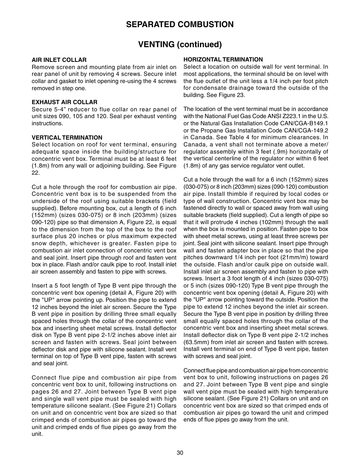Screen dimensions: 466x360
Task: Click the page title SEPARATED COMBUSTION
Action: [x=180, y=25]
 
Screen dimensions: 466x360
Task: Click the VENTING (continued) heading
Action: [x=180, y=45]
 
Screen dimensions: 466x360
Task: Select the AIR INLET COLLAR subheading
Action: [x=59, y=60]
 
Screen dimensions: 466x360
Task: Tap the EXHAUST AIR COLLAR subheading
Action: [x=64, y=102]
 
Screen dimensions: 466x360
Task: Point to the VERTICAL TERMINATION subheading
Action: [x=67, y=138]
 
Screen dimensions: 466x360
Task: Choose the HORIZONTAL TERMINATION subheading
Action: [x=223, y=60]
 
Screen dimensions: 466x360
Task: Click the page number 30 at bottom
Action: [x=180, y=453]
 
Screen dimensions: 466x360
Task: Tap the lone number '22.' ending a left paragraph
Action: [x=35, y=173]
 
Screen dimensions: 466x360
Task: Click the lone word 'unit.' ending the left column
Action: [x=37, y=434]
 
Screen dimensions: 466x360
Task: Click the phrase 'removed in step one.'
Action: [x=59, y=88]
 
